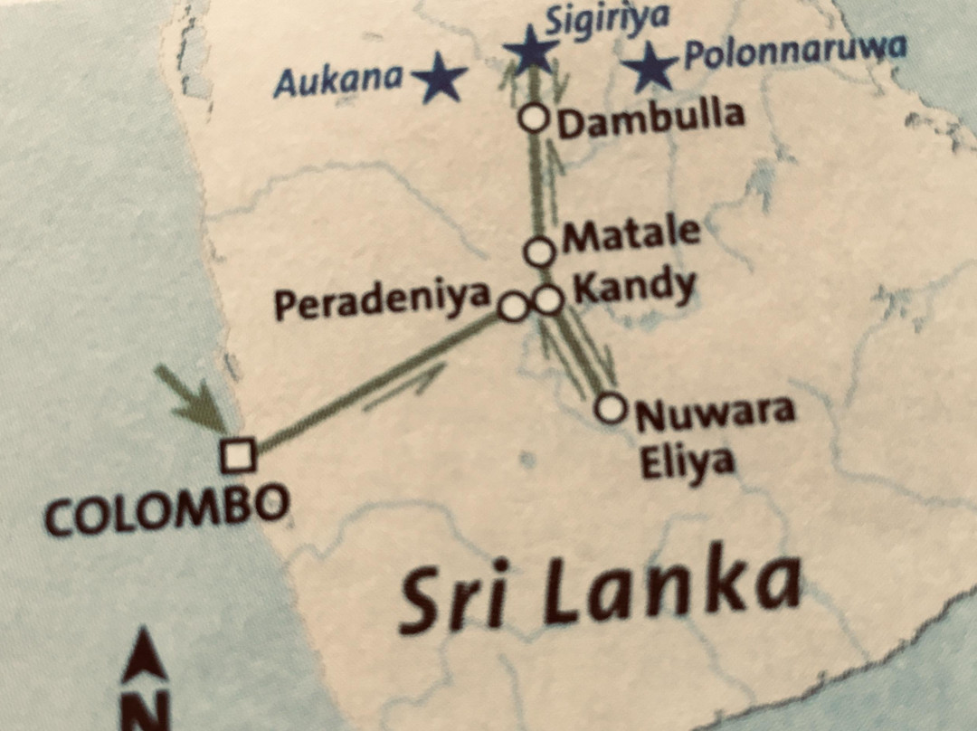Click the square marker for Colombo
tap(238, 455)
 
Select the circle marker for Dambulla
tap(535, 118)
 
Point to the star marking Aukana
tap(440, 77)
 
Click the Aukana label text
tap(338, 82)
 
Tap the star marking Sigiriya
tap(531, 52)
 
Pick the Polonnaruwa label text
tap(793, 52)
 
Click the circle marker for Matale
tap(540, 252)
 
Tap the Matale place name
tap(631, 235)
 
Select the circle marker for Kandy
tap(548, 299)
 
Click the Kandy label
tap(635, 289)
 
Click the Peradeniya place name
tap(382, 301)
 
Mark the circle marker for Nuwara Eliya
tap(612, 408)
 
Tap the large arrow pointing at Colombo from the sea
tap(192, 397)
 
